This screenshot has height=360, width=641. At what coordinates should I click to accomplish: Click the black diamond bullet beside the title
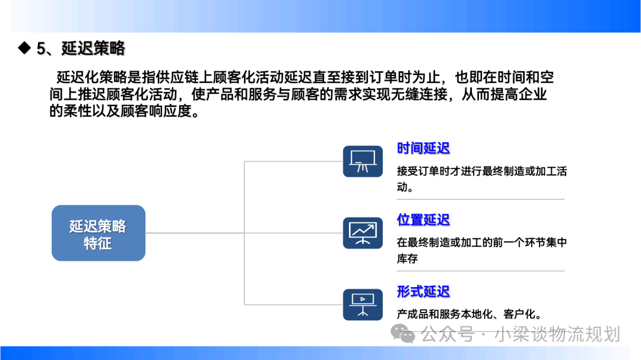[24, 48]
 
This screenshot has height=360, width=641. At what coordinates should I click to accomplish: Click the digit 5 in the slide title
[41, 49]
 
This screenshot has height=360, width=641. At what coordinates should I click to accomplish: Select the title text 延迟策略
[93, 48]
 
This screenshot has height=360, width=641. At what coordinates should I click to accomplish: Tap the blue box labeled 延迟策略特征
[99, 233]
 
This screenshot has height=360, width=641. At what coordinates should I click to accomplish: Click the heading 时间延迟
[423, 148]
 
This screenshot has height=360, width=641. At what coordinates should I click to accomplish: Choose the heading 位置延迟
[423, 220]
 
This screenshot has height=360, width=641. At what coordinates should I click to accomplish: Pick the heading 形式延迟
[423, 292]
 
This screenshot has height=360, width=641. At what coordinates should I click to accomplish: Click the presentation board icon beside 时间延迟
[363, 161]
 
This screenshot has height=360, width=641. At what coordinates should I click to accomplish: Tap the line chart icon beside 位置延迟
[363, 233]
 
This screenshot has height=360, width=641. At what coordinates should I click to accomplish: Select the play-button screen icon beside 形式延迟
[363, 305]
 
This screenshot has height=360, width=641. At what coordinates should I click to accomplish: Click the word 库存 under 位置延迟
[407, 259]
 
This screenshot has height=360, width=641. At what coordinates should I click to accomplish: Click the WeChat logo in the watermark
[402, 333]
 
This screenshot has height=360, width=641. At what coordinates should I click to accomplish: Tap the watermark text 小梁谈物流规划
[557, 334]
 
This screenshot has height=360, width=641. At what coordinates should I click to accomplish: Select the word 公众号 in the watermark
[448, 334]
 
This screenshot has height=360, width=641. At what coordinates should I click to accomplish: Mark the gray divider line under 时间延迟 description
[480, 199]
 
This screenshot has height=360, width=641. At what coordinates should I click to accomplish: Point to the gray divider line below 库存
[480, 271]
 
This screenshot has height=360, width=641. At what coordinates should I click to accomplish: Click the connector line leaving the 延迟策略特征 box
[195, 233]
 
